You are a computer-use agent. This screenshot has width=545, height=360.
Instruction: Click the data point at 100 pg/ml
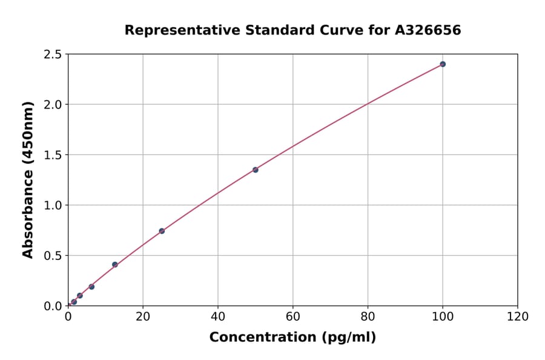pos(443,64)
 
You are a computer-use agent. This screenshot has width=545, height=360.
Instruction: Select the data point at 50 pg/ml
pos(256,170)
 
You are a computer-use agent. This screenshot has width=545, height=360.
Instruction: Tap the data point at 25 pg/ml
pos(162,231)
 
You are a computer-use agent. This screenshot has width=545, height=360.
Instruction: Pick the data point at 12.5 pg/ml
pos(115,264)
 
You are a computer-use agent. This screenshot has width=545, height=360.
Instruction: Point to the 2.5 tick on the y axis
pos(53,55)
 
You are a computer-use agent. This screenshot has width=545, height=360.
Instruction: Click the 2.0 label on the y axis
pos(53,105)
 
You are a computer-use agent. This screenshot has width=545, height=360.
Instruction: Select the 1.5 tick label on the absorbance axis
pos(53,155)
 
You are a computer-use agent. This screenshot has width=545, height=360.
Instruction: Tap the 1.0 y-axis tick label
pos(53,205)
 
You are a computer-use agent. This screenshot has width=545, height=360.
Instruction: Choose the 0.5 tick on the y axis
pos(53,256)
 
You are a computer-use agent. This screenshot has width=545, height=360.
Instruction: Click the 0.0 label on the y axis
pos(53,306)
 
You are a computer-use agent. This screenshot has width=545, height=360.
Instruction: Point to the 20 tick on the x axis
pos(143,316)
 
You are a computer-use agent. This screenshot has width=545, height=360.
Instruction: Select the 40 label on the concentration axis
pos(218,316)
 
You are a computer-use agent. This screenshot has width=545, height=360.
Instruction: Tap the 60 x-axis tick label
pos(293,316)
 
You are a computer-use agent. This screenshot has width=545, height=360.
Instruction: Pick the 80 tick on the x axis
pos(368,316)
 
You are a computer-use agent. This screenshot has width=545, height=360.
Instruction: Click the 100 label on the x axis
pos(443,316)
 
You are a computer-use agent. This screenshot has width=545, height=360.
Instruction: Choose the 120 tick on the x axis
pos(518,316)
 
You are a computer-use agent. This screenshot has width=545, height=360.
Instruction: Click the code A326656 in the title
pos(428,30)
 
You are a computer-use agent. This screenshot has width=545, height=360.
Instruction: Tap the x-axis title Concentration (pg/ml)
pos(292,338)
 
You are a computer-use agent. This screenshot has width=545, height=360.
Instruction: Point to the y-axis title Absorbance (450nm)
pos(28,180)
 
